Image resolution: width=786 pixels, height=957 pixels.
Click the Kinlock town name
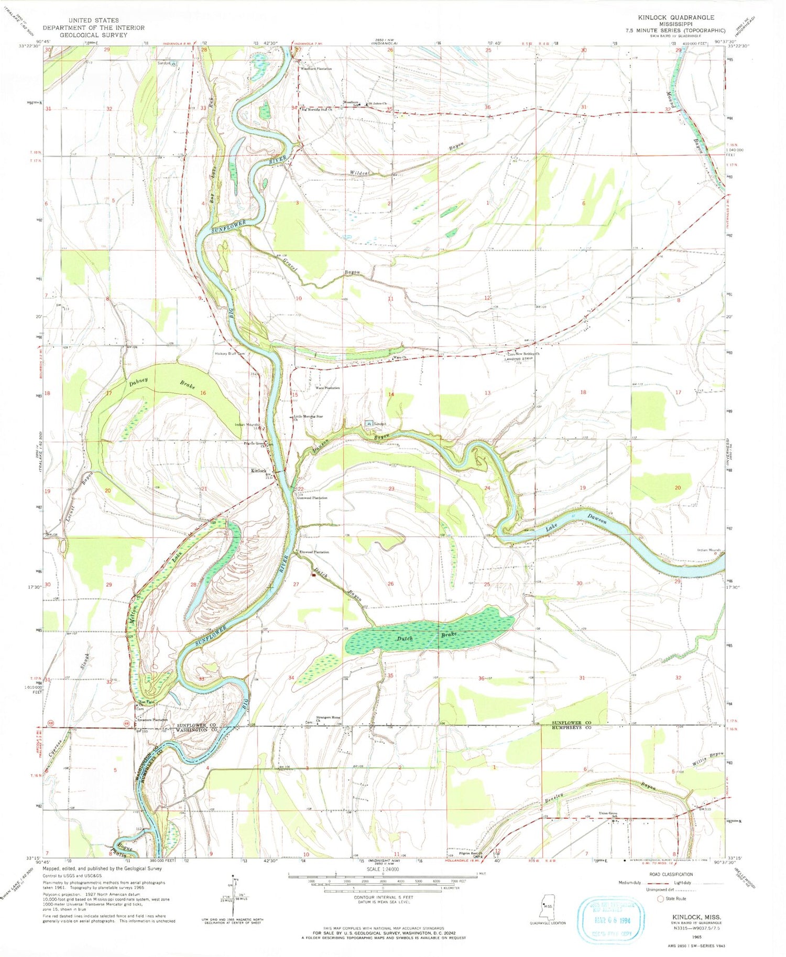click(x=258, y=471)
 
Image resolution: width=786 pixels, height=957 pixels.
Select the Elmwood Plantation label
click(x=314, y=552)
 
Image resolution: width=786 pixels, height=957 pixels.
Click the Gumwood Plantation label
click(x=312, y=498)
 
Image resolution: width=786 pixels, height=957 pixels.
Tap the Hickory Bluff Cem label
click(x=230, y=353)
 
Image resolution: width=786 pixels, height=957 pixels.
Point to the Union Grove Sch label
click(x=609, y=814)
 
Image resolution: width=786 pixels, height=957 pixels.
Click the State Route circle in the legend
click(x=660, y=898)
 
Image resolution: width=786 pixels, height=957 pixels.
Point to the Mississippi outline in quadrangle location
click(x=548, y=906)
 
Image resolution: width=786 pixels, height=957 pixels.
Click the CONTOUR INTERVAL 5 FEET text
click(x=382, y=897)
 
